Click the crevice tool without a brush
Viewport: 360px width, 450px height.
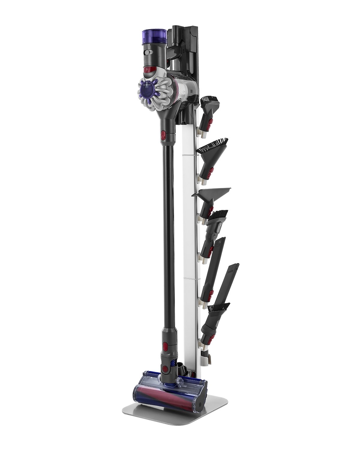point(210,270)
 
